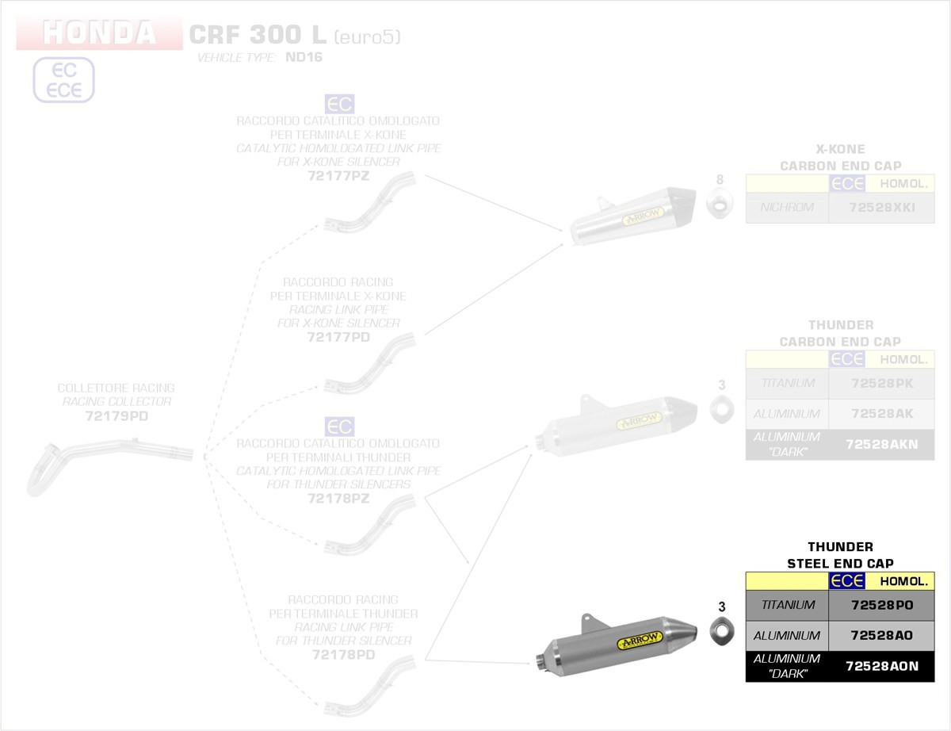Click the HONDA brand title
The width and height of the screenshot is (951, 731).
coord(99,33)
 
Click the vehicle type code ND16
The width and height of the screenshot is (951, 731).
coord(304,57)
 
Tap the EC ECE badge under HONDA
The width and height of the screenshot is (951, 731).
coord(63,80)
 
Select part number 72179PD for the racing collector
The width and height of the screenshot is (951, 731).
coord(116,415)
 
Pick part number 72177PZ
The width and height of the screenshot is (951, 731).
coord(338,176)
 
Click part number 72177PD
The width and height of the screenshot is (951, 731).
coord(338,337)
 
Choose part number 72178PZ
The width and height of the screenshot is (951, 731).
coord(338,499)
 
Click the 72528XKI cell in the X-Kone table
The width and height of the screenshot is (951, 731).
coord(881,208)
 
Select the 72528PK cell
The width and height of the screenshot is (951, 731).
coord(881,383)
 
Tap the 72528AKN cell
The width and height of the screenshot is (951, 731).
coord(881,445)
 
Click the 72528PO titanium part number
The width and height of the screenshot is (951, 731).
coord(881,605)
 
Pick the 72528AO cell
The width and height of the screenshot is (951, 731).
coord(881,636)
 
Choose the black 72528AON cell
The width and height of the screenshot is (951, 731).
coord(881,667)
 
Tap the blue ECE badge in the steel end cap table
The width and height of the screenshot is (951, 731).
coord(846,581)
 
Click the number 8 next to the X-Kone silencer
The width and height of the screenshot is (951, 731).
coord(720,179)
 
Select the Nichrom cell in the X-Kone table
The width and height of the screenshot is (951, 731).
coord(787,208)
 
